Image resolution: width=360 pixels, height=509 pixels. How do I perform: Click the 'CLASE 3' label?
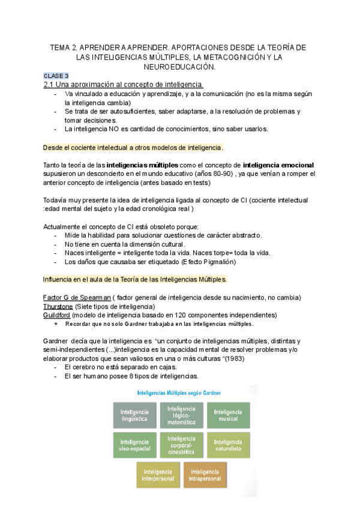[56, 76]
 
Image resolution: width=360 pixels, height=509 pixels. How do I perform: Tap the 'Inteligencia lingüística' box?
[133, 415]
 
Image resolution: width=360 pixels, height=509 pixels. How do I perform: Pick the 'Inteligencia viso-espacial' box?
[133, 445]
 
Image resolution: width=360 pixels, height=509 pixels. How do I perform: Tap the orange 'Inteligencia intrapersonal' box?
[205, 475]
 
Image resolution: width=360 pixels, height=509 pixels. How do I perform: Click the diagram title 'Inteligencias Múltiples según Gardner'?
[179, 393]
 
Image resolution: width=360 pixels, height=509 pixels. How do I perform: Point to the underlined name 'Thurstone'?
[58, 306]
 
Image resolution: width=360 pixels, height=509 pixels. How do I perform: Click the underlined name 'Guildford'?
[58, 315]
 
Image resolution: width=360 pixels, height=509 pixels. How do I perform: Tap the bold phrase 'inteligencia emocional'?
[278, 165]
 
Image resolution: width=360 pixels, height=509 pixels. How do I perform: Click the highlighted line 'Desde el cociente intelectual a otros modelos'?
[134, 148]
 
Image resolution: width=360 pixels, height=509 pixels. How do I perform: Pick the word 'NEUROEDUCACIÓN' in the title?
[179, 66]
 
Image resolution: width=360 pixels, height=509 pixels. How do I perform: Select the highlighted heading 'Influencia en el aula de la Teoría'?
[135, 280]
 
